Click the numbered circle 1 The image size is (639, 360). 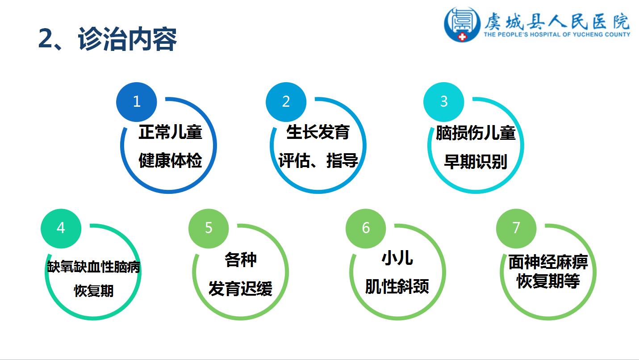(136, 102)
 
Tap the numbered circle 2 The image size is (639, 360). (286, 102)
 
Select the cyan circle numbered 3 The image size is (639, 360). (443, 102)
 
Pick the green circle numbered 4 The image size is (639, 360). (61, 229)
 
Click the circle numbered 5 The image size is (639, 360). (209, 229)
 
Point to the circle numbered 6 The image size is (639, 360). (366, 229)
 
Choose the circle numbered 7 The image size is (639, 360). (516, 229)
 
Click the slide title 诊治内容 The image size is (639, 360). (128, 39)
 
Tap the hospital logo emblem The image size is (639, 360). (462, 25)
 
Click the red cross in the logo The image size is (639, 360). (462, 37)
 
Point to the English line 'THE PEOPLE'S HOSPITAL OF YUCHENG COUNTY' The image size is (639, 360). (557, 34)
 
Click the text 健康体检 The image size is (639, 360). (170, 160)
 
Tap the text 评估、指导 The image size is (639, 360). (318, 160)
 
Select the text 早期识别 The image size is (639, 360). (476, 162)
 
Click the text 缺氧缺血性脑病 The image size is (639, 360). (94, 267)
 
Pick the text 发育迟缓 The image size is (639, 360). (241, 289)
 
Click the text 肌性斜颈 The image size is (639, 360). (397, 286)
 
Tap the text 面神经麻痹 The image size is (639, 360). (548, 262)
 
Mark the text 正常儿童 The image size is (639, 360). (170, 132)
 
